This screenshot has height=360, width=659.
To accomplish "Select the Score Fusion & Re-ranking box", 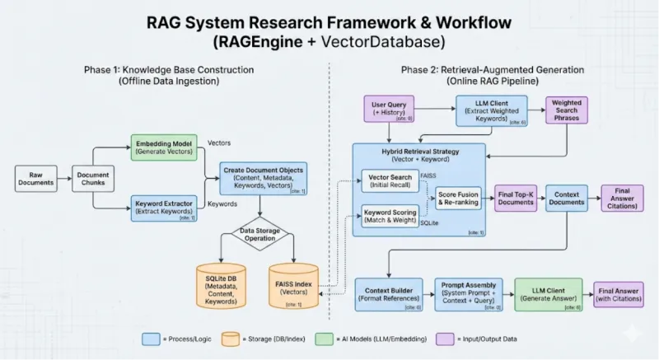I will [457, 198].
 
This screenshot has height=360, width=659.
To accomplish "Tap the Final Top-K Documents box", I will [517, 198].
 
